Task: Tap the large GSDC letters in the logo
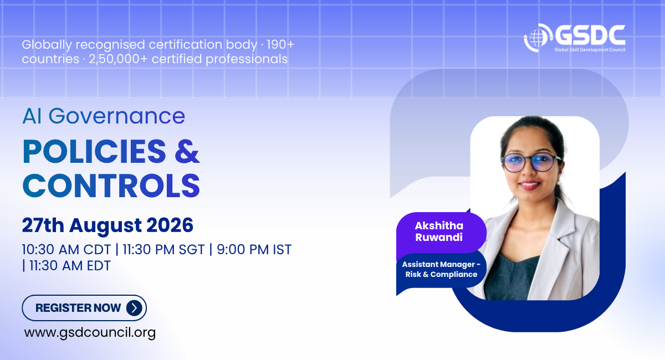(590, 36)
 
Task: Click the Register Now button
(84, 308)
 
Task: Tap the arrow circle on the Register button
(134, 308)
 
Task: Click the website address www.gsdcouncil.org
(90, 333)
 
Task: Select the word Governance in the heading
(117, 116)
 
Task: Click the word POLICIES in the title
(94, 151)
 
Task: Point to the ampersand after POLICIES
(187, 151)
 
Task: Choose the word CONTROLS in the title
(111, 186)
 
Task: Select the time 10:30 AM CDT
(66, 250)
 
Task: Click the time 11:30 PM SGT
(163, 250)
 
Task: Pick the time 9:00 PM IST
(254, 250)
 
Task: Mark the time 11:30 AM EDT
(70, 266)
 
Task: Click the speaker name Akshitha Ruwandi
(439, 232)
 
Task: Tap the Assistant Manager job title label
(441, 269)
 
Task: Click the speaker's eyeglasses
(531, 162)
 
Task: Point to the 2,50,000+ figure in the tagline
(118, 59)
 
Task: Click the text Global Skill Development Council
(590, 49)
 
